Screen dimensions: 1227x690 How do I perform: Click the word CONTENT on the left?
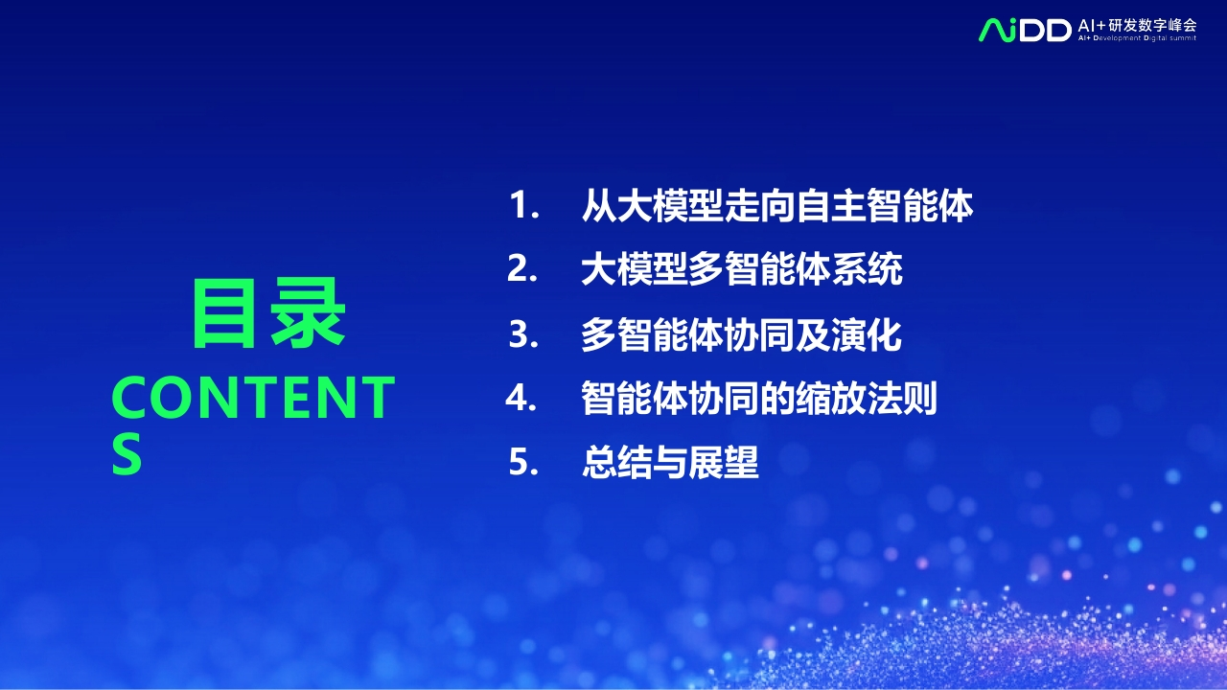(x=253, y=398)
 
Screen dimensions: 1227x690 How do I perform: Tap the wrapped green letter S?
(x=127, y=454)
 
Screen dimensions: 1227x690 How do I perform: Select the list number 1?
(x=524, y=205)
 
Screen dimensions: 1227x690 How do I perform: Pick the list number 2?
(x=522, y=268)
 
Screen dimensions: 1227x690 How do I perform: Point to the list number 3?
(x=523, y=334)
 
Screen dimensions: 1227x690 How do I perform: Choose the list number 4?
(x=521, y=397)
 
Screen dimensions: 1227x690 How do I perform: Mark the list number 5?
(x=523, y=462)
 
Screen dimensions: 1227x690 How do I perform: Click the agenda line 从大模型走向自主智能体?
(x=777, y=205)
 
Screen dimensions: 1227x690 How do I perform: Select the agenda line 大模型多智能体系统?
(x=742, y=269)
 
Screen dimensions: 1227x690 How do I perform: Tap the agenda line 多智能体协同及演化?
(x=741, y=334)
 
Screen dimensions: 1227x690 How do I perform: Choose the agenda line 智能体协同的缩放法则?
(x=759, y=398)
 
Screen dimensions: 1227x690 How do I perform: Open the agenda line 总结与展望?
(x=670, y=462)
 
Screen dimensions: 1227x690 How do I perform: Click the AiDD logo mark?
(x=1025, y=30)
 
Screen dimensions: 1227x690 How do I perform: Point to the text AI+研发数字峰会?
(x=1137, y=25)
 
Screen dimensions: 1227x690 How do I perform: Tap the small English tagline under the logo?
(x=1137, y=38)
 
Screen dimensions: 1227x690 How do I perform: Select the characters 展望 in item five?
(x=724, y=462)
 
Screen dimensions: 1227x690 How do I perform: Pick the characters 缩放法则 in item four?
(x=867, y=398)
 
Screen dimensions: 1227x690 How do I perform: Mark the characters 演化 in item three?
(x=867, y=334)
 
